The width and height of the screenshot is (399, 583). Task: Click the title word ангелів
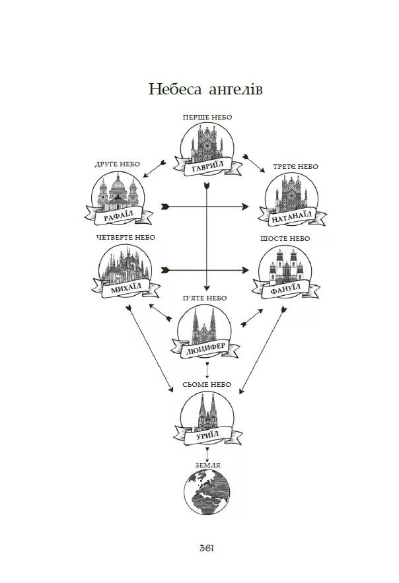(x=235, y=88)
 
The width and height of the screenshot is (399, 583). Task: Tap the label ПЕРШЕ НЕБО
(x=208, y=117)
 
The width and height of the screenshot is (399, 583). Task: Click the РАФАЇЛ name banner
(x=120, y=214)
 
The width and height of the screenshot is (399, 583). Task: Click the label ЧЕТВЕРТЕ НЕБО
(x=125, y=237)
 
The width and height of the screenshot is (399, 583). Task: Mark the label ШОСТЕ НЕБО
(x=285, y=238)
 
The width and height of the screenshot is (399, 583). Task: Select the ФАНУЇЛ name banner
(x=285, y=287)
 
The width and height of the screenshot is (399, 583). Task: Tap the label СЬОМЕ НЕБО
(x=207, y=384)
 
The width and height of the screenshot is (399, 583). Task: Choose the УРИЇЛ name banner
(x=207, y=432)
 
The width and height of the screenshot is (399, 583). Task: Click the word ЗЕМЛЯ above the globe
(x=207, y=465)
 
